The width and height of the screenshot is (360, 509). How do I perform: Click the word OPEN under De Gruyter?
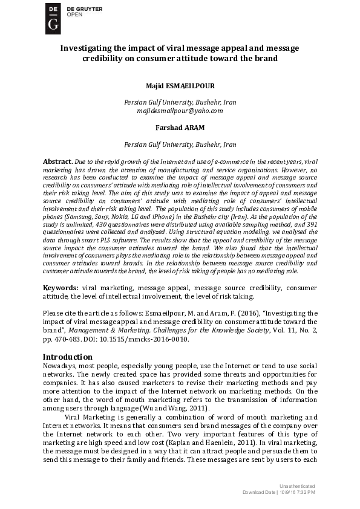point(74,15)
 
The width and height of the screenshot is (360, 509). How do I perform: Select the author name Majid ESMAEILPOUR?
point(180,85)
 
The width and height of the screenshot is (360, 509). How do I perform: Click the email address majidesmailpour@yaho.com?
point(180,111)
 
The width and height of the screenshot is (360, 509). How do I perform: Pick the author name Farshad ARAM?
point(180,128)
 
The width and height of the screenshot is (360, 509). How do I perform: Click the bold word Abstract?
point(56,162)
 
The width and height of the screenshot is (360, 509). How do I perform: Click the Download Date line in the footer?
point(279,493)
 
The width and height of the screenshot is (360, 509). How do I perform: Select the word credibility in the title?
point(108,59)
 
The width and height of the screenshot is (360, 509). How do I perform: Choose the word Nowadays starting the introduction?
point(64,367)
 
